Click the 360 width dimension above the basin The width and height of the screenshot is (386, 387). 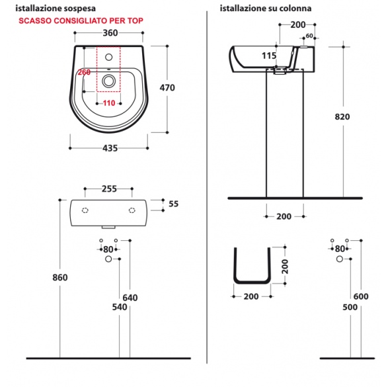click(x=110, y=33)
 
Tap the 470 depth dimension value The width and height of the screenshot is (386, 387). click(x=167, y=87)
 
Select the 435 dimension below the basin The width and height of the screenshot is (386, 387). click(x=110, y=148)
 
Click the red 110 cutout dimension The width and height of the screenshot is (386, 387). click(x=109, y=103)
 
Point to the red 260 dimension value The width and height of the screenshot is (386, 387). click(x=84, y=72)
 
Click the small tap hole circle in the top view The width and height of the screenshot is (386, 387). click(x=109, y=58)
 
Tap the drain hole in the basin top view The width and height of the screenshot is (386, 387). click(x=108, y=81)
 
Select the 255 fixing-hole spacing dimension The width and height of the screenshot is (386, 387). click(x=109, y=189)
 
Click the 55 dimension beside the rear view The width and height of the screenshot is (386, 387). click(x=173, y=204)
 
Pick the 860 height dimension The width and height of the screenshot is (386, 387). click(x=60, y=278)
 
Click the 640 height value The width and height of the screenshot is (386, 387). click(x=130, y=298)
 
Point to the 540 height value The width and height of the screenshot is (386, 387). click(x=120, y=307)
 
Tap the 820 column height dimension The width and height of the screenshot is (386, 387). click(x=342, y=116)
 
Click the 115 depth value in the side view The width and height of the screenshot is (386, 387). click(x=269, y=56)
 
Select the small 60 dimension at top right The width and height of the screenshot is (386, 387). click(x=309, y=36)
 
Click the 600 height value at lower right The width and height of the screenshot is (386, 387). click(x=361, y=296)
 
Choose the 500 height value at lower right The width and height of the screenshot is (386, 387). click(x=350, y=307)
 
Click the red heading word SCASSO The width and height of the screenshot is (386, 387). click(x=35, y=21)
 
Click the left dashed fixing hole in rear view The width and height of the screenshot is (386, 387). click(x=85, y=210)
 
